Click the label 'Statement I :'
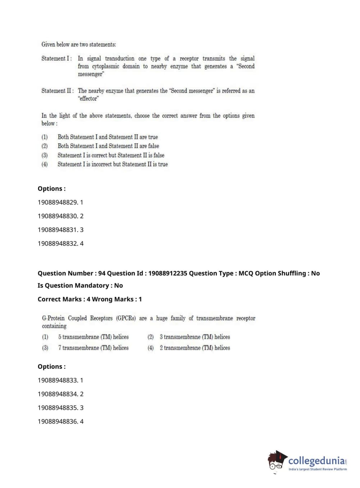point(56,58)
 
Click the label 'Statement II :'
point(58,91)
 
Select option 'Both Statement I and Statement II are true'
point(108,137)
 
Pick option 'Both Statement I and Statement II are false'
point(108,146)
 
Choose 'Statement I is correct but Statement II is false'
point(111,155)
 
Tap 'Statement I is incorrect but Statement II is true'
point(113,164)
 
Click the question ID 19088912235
point(168,273)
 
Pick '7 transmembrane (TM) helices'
point(93,348)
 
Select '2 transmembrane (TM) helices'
point(195,348)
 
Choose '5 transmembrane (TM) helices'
point(93,337)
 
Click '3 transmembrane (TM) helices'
point(195,337)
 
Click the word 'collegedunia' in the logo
point(316,461)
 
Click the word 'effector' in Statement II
point(88,99)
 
